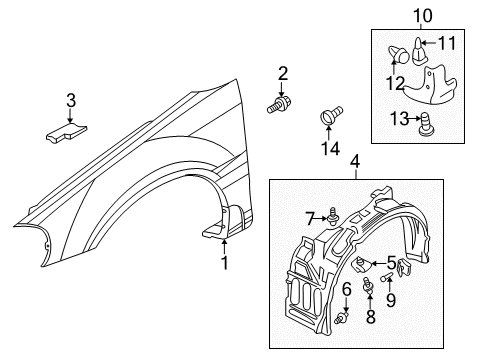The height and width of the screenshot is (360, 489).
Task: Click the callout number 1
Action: pos(224,262)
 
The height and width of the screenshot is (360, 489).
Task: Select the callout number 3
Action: pos(71,99)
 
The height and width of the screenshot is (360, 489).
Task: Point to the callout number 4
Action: pos(354,160)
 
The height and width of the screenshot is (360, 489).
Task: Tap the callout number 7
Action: pos(311,217)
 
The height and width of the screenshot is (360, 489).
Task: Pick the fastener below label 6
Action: pos(344,317)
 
